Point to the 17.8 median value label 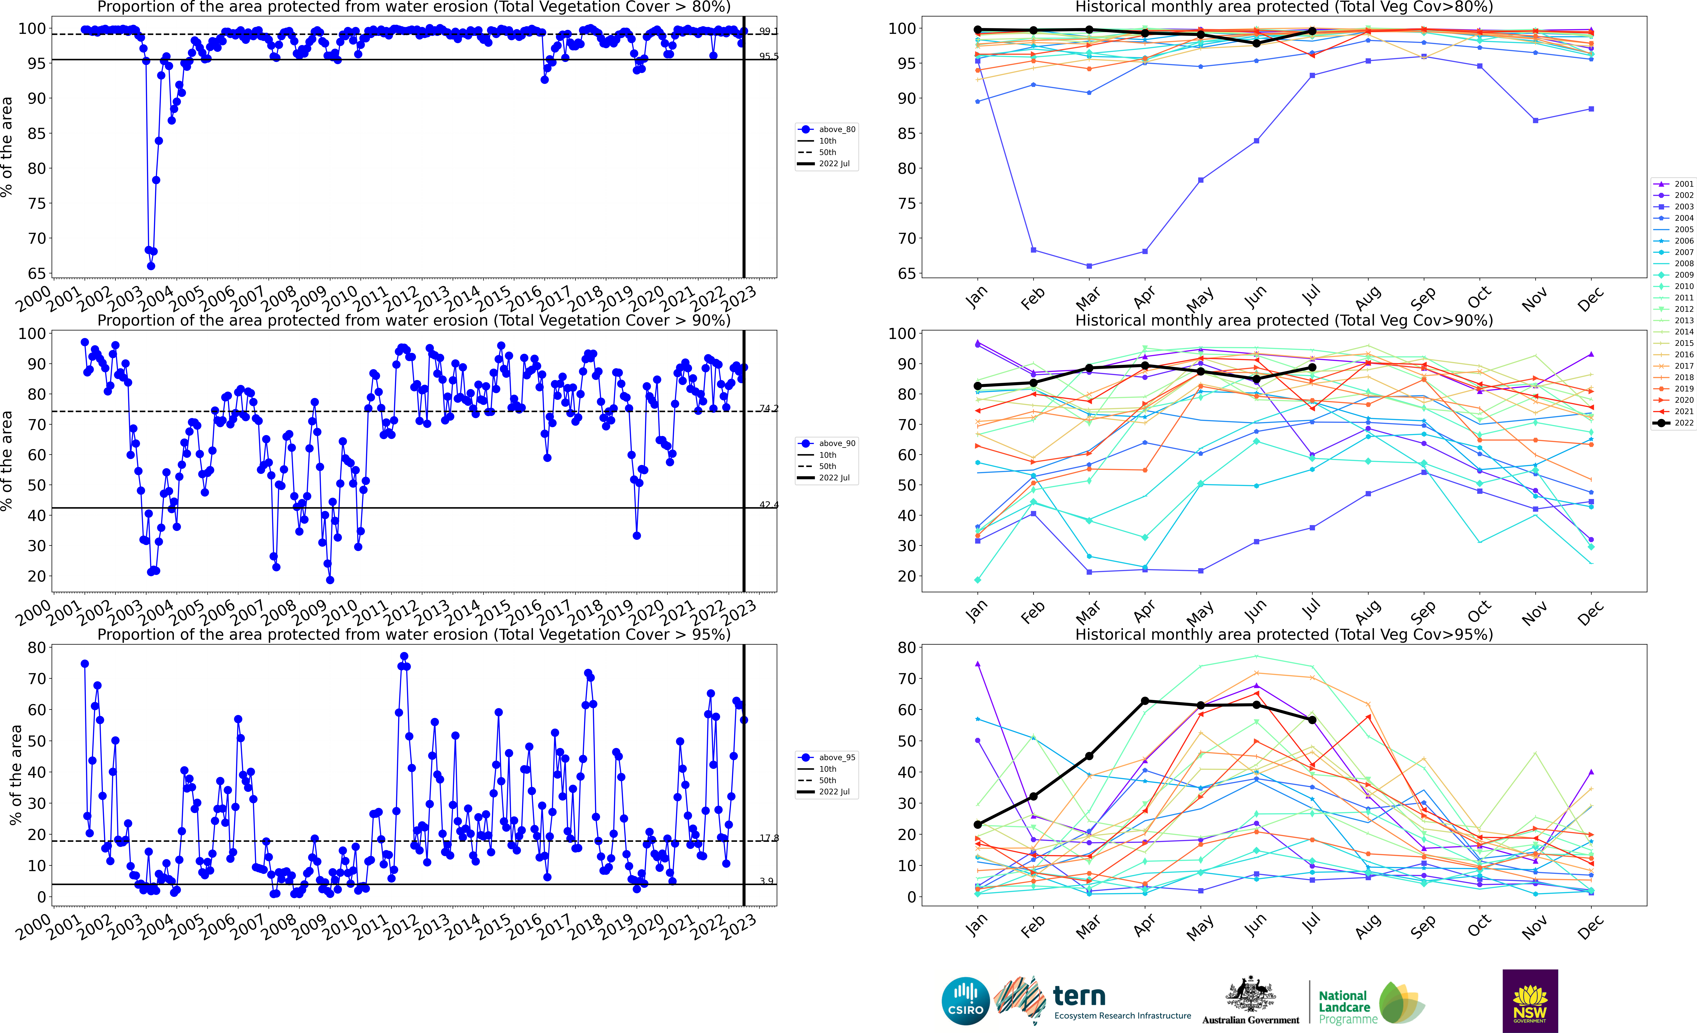point(769,838)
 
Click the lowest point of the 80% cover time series point(151,266)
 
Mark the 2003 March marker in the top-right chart point(1089,266)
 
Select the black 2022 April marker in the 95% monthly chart point(1145,701)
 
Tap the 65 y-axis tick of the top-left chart point(37,273)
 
